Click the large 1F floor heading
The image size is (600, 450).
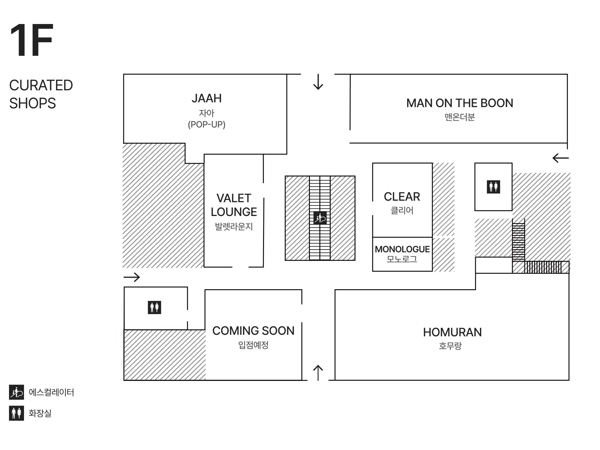point(31,40)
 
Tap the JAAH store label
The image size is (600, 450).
point(207,98)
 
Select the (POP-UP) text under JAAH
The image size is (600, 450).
point(207,124)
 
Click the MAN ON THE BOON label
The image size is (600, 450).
point(460,103)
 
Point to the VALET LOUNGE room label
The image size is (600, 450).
point(234,205)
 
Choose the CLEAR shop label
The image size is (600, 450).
point(402,197)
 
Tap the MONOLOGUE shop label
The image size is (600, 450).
point(402,249)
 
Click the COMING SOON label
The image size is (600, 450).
point(253,331)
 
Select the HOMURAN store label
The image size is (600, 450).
point(452,332)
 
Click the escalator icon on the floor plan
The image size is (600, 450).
point(320,218)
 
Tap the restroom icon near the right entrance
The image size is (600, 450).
point(493,187)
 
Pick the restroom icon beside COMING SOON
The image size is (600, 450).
point(154,307)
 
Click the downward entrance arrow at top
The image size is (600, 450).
point(318,82)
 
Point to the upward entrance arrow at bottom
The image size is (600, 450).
point(318,373)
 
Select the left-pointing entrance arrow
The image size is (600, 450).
point(560,158)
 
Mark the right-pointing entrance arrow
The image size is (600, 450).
point(132,277)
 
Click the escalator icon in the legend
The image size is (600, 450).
point(16,392)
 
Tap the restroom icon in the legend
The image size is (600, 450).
point(16,413)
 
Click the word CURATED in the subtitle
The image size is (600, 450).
point(41,85)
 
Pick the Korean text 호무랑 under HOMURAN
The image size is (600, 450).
point(450,346)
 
